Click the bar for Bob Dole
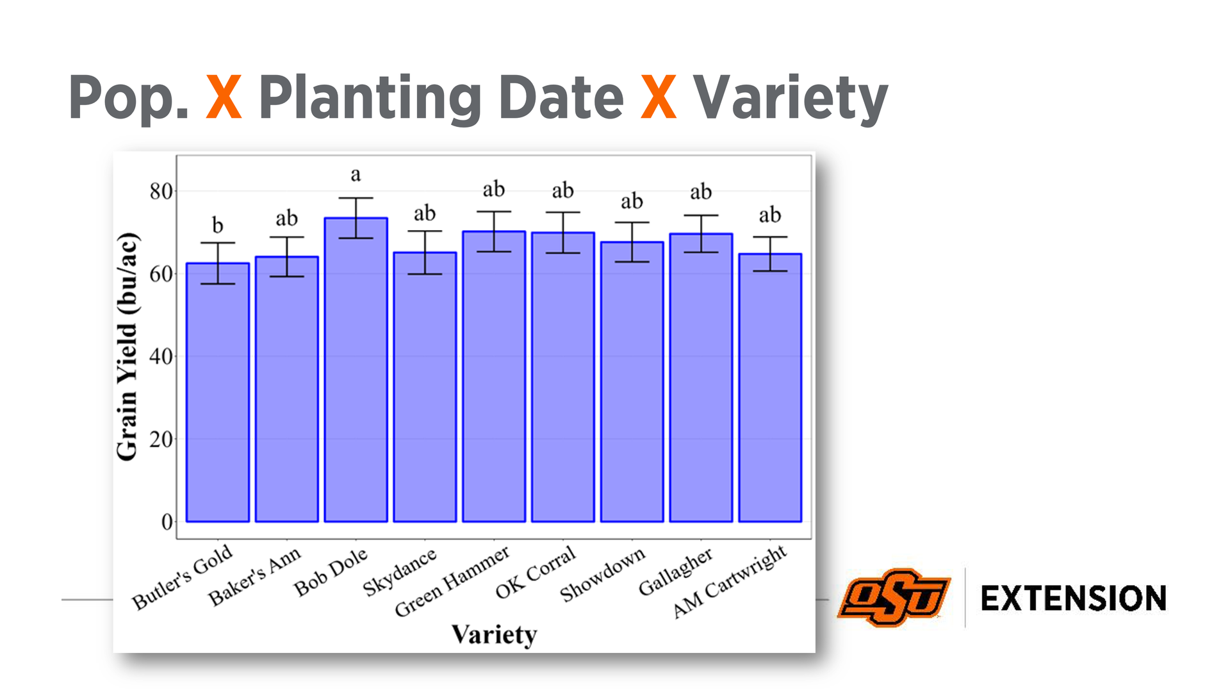tap(356, 370)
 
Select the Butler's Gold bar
tap(218, 392)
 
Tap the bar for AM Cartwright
tap(770, 388)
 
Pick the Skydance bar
tap(425, 387)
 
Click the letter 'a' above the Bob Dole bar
tap(356, 174)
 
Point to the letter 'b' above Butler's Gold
tap(218, 225)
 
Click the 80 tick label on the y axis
tap(161, 191)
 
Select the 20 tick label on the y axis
tap(161, 440)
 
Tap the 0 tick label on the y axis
tap(167, 522)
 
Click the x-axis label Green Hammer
tap(452, 581)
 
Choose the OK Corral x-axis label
tap(536, 572)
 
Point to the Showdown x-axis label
tap(602, 575)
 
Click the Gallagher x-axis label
tap(675, 572)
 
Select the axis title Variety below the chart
tap(494, 635)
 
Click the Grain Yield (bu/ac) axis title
tap(127, 347)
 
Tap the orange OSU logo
tap(894, 598)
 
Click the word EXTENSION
tap(1074, 598)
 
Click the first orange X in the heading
tap(224, 97)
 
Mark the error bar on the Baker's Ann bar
tap(286, 256)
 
